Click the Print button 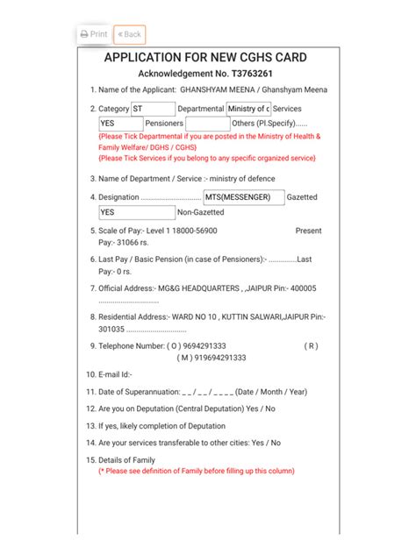coord(94,34)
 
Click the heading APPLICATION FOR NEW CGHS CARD coord(206,58)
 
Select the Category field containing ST coord(153,109)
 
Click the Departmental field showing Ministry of coord(248,109)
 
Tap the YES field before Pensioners coord(119,124)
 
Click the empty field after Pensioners coord(207,124)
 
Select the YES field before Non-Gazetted coord(136,212)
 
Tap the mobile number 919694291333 coord(219,359)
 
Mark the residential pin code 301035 coord(111,330)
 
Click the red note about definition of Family coord(197,471)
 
